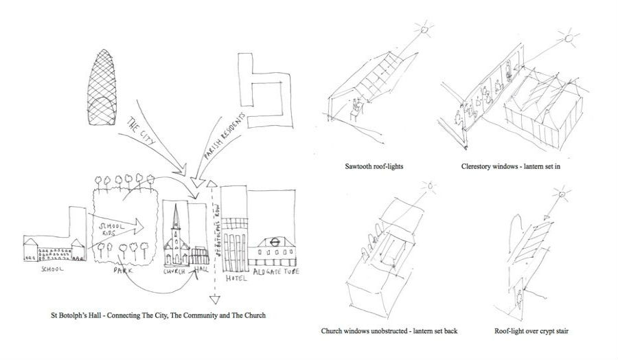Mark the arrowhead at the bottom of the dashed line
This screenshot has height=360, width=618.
pyautogui.click(x=213, y=299)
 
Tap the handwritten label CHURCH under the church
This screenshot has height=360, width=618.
pyautogui.click(x=176, y=271)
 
